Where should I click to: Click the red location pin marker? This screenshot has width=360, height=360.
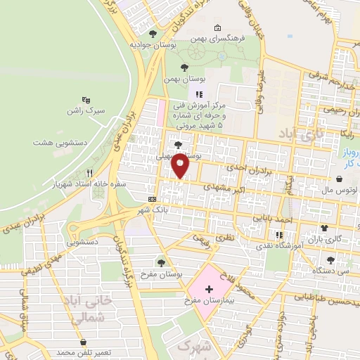click(x=180, y=165)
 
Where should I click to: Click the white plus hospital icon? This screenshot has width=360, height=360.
click(x=208, y=288)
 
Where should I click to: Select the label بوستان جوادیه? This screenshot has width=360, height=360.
click(x=153, y=44)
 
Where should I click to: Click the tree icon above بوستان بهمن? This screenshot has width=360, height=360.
click(x=184, y=68)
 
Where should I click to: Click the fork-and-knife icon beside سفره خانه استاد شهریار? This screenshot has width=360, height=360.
click(x=89, y=172)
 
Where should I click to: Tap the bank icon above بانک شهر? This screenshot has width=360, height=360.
click(x=153, y=198)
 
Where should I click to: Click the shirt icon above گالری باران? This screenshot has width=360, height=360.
click(x=324, y=228)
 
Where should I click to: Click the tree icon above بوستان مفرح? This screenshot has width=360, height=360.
click(x=162, y=262)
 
